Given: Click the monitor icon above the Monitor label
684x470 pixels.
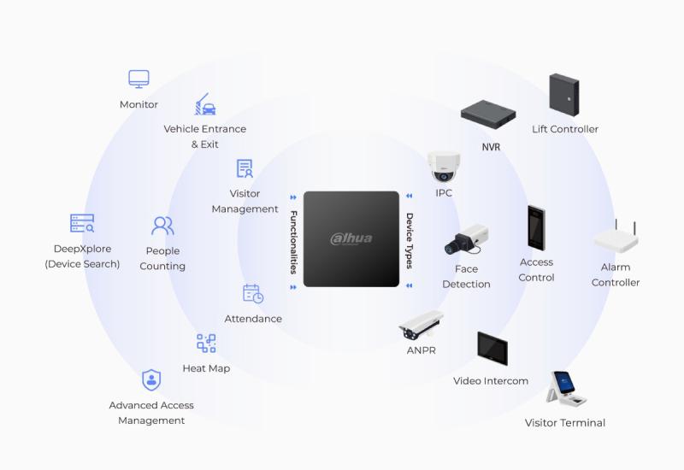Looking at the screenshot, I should point(139,79).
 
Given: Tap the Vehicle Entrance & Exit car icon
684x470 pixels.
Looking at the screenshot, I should point(205,105).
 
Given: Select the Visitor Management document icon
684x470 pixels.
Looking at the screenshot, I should point(245,168).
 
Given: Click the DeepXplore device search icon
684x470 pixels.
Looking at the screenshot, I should point(82,224).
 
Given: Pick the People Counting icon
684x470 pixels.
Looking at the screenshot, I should point(162,226).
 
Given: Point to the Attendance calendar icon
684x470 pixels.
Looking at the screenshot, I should point(253,294).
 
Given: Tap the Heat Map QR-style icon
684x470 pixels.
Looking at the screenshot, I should point(206,344).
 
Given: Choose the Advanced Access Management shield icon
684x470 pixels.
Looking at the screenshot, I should point(151,380).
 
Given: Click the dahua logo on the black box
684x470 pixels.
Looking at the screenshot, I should point(351,238).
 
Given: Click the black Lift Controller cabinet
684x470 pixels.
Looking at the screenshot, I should point(564,94).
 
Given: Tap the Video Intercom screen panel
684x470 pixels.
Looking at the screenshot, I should point(492,349).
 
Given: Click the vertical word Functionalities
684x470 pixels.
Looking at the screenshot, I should point(293,241).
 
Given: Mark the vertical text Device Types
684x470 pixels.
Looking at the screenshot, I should point(410,241).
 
